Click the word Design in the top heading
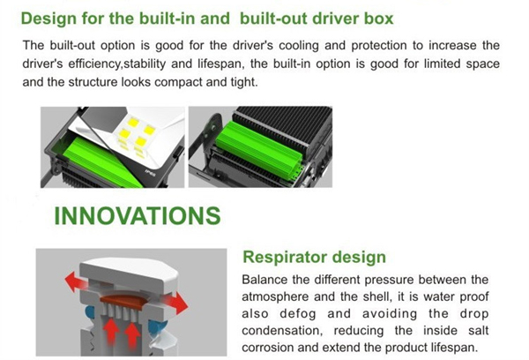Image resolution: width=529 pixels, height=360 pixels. pos(48,19)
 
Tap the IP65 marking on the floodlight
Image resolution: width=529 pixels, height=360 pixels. pos(150,173)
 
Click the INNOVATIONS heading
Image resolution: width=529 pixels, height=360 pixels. pos(138,216)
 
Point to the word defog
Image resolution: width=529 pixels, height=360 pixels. pos(298,314)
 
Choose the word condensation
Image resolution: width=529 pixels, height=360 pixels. pos(282,331)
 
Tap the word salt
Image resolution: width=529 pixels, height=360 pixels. pos(479,330)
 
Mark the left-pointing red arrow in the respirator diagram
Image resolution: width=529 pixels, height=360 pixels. pos(76,281)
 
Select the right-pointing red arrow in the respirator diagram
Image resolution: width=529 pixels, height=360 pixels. pos(176,303)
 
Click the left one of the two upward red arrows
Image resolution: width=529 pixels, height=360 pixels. pos(111,333)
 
